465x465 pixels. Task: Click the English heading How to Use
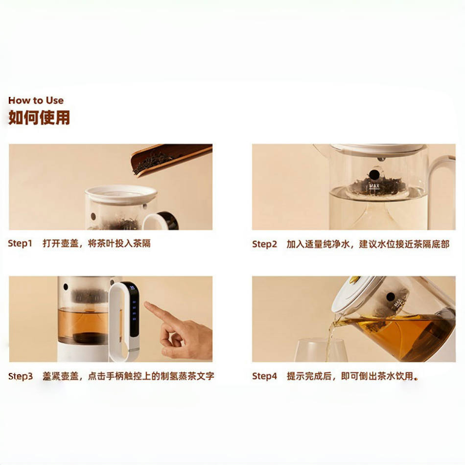[x=36, y=100]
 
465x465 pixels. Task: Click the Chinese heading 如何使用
[x=39, y=117]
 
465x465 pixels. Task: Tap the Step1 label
[x=20, y=243]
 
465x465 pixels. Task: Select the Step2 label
[x=264, y=244]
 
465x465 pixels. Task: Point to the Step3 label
[x=21, y=376]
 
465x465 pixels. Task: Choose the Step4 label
[x=264, y=376]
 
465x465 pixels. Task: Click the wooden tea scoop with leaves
[x=171, y=159]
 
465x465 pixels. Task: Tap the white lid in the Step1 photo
[x=121, y=194]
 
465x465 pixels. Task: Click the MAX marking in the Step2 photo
[x=374, y=186]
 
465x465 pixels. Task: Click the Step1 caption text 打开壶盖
[x=61, y=243]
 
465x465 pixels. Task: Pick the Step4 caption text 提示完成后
[x=309, y=376]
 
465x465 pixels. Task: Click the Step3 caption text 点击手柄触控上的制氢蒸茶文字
[x=151, y=376]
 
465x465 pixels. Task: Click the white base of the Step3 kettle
[x=84, y=352]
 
